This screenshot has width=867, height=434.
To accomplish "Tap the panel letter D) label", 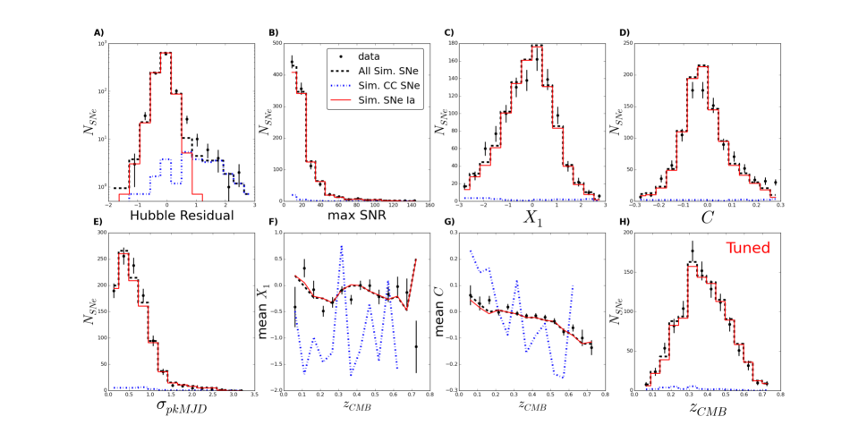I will point(625,33).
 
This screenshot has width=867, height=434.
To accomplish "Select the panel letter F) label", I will point(274,224).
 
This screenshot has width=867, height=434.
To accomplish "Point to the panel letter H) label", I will point(625,224).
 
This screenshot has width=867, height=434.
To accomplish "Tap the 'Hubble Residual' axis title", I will point(183,216).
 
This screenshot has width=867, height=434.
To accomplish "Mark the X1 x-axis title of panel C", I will point(534,217).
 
